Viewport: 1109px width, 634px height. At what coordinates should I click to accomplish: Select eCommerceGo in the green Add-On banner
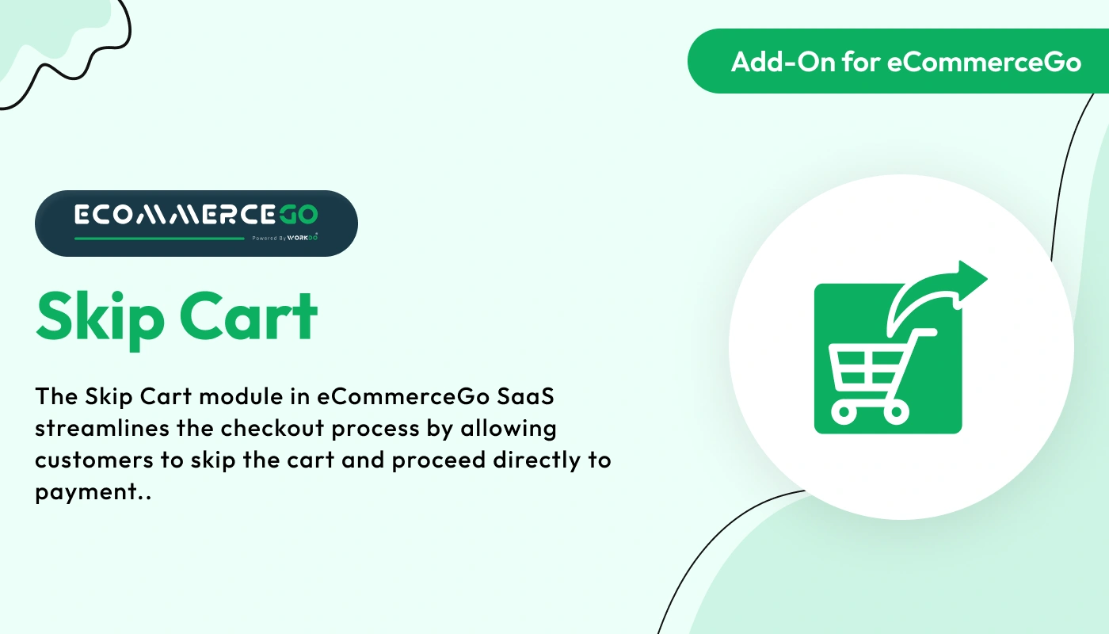[x=985, y=62]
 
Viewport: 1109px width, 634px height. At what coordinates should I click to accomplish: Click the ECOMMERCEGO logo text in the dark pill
[x=196, y=215]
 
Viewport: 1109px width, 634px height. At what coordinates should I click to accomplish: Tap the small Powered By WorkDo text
[x=291, y=238]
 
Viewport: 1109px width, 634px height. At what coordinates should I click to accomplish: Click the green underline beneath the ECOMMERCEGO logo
[x=159, y=238]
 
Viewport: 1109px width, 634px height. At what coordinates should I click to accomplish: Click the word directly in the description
[x=516, y=460]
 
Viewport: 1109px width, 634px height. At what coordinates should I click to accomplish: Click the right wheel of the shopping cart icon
[x=897, y=411]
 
